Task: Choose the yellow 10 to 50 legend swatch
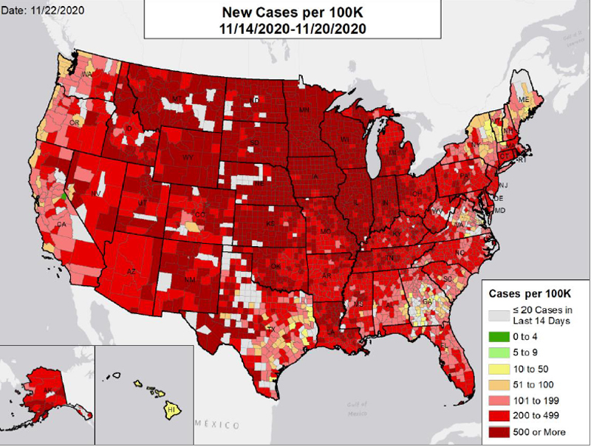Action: coord(499,369)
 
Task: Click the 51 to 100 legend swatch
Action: coord(499,384)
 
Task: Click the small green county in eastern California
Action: coord(64,197)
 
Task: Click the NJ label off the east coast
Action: coord(503,185)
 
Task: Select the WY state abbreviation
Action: coord(188,157)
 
